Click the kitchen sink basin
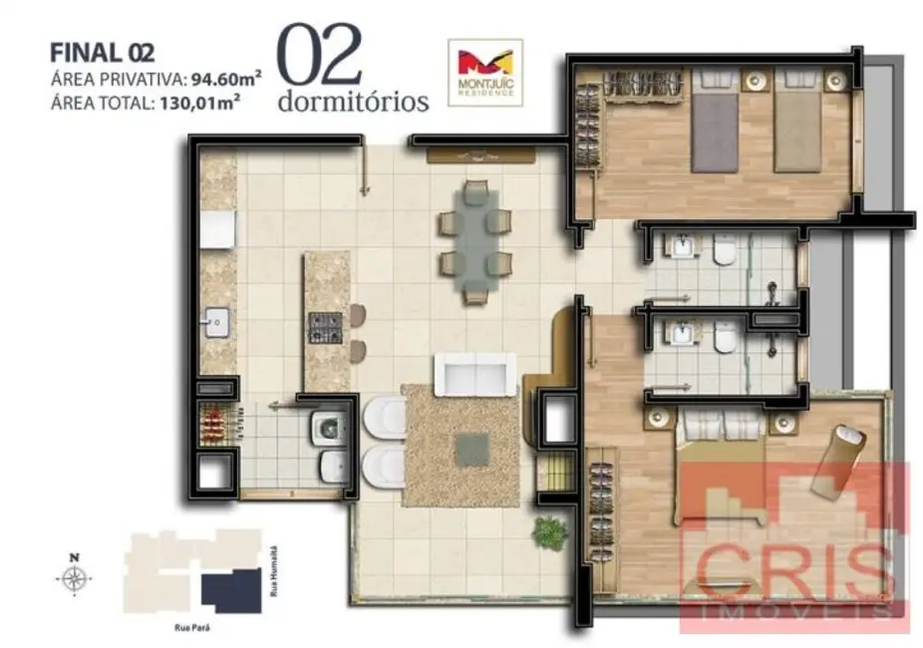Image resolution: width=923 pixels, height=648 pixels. point(215,322)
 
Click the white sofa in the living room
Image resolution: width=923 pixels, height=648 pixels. point(475,374)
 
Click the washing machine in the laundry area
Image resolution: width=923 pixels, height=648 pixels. point(326,430)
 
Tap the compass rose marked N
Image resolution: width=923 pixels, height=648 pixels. point(74,577)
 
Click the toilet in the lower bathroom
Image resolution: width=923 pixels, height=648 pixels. point(725,340)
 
